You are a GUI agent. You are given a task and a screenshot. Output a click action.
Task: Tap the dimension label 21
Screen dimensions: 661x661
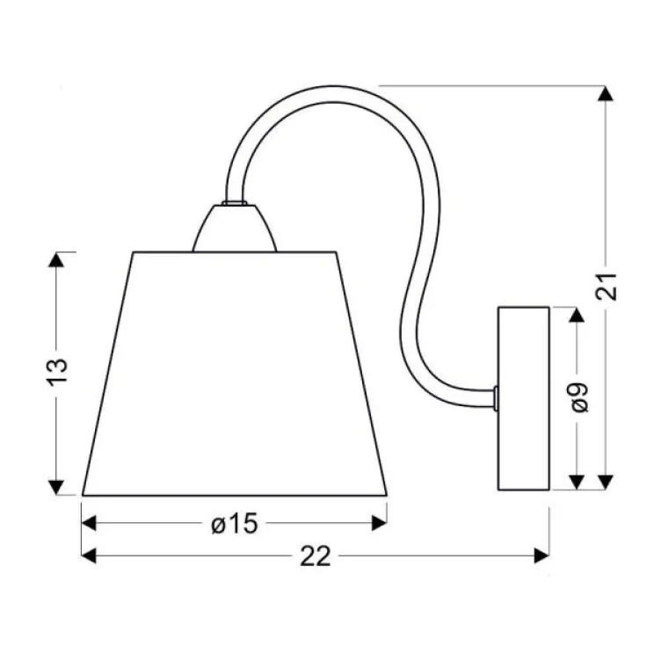click(606, 287)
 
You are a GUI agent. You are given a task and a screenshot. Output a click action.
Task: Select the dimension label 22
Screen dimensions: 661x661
click(317, 556)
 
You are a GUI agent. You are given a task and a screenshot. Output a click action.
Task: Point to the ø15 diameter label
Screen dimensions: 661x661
click(234, 524)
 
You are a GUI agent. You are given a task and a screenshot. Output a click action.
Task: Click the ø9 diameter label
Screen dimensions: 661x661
click(577, 398)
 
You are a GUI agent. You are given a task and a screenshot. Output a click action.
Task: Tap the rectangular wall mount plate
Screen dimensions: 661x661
click(523, 398)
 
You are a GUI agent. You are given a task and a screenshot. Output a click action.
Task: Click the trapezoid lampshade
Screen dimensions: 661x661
click(235, 374)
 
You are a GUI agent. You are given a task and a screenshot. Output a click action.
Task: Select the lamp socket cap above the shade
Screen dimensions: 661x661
click(234, 230)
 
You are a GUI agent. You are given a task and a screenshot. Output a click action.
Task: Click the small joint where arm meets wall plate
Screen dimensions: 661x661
click(496, 398)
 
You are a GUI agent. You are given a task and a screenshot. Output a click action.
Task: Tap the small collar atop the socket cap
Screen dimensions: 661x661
click(234, 204)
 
